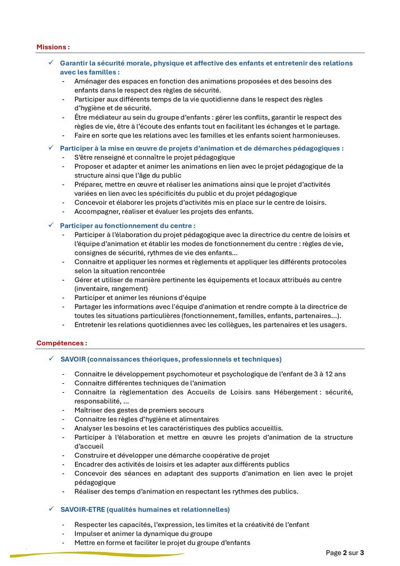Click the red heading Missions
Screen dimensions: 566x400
[53, 47]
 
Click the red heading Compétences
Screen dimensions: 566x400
[61, 343]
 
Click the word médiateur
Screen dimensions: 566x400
[102, 117]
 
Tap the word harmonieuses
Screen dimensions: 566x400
[314, 135]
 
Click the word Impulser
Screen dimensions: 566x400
[89, 534]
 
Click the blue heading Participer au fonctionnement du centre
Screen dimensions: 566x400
[128, 225]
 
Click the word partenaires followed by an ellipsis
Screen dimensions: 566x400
[313, 315]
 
